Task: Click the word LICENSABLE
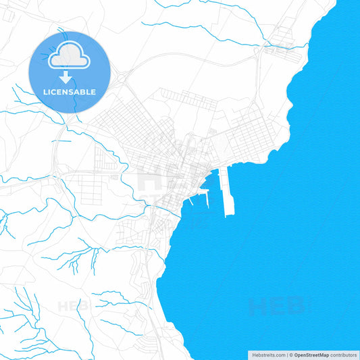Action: coord(69,92)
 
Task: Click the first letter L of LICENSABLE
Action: coord(45,92)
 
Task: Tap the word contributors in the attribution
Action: coord(344,355)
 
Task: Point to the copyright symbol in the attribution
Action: coord(291,355)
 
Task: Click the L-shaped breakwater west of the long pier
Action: coord(209,196)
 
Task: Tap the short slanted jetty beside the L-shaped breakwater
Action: coord(192,201)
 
